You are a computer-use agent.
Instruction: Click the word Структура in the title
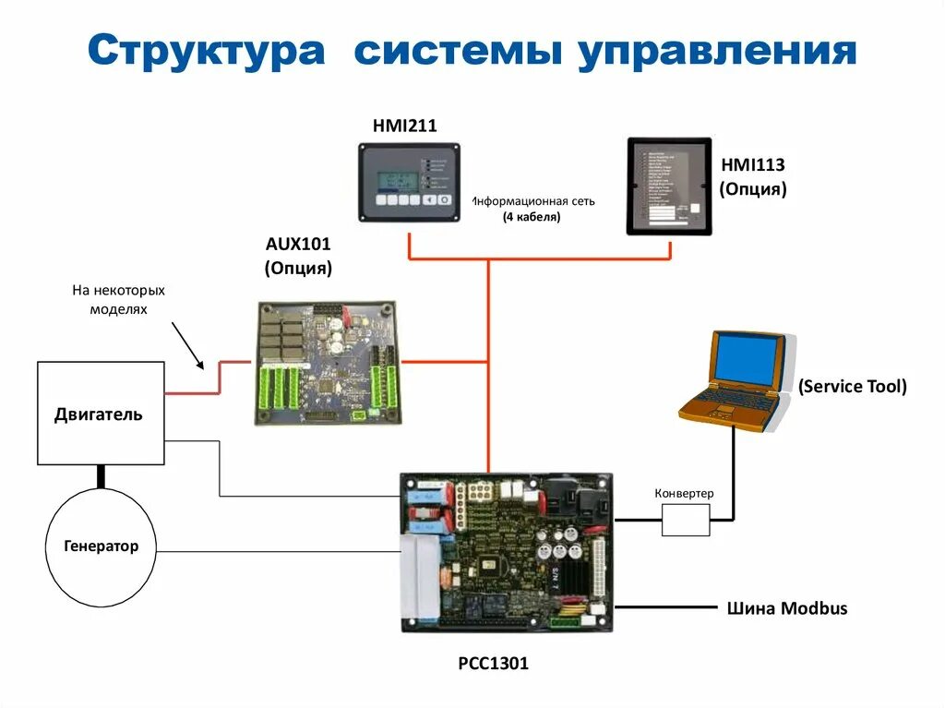point(207,52)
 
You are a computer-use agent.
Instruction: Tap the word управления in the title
point(717,52)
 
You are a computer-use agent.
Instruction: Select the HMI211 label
point(404,125)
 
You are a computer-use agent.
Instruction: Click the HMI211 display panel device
point(409,182)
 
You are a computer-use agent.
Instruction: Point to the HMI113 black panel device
point(669,186)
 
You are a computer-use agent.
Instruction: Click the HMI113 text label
point(752,165)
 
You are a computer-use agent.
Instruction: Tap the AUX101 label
point(297,245)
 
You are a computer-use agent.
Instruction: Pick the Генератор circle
point(102,546)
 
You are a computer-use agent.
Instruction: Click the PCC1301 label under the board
point(493,663)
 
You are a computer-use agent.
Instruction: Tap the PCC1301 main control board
point(507,552)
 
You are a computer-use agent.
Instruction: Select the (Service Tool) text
point(853,386)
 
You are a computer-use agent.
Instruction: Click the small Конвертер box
point(685,519)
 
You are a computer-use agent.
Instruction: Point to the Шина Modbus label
point(786,608)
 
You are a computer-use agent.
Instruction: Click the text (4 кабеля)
point(532,218)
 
